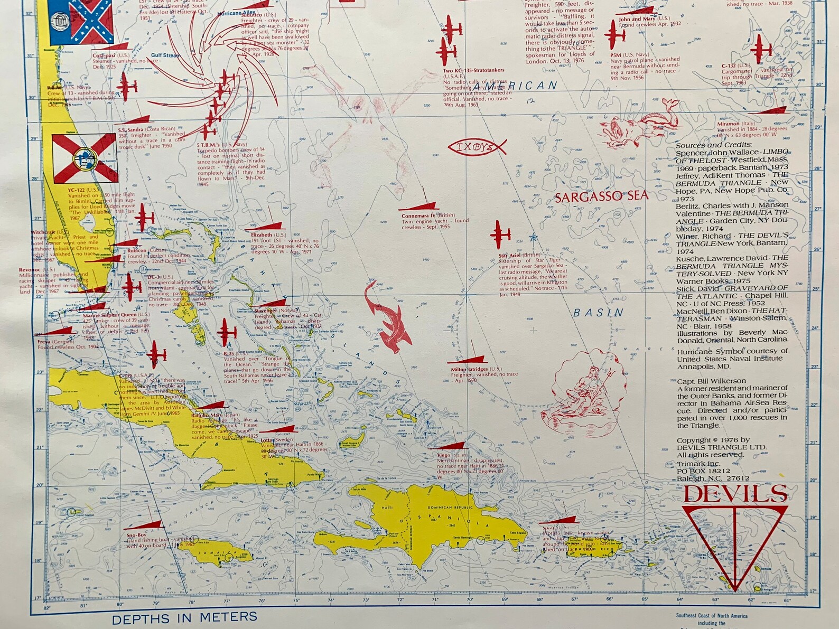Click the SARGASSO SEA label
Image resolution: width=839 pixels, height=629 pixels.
601,197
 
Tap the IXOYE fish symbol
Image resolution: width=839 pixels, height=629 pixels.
477,146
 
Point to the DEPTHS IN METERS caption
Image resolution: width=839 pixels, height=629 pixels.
184,617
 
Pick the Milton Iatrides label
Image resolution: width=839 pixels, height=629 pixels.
469,369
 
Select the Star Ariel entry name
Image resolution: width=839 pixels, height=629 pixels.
509,256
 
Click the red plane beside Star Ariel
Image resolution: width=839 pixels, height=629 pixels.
500,234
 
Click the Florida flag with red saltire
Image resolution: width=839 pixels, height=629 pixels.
85,158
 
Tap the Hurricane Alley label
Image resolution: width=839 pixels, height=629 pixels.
236,13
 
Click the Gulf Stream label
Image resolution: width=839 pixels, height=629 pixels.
165,55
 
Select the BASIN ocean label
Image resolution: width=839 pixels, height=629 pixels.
598,313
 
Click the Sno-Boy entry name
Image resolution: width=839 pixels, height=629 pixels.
136,535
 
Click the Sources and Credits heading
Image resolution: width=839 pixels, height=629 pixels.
713,145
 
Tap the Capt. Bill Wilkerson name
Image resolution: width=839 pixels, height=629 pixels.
711,381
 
